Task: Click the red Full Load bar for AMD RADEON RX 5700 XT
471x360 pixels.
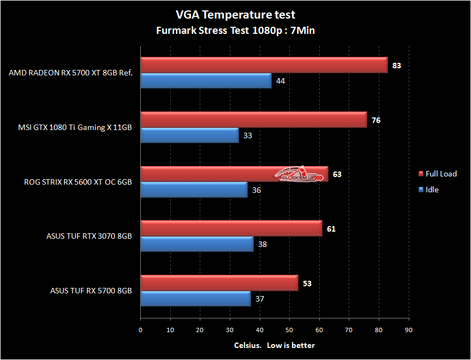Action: click(264, 65)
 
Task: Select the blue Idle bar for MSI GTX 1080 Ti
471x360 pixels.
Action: click(189, 135)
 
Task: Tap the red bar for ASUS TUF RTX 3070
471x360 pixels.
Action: click(231, 228)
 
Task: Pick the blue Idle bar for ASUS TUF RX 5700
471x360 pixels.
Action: click(195, 299)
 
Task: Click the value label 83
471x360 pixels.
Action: click(397, 66)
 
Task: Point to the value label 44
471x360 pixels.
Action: click(281, 81)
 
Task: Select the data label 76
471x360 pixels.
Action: click(376, 120)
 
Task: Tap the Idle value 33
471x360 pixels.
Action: click(248, 135)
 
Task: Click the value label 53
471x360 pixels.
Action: click(307, 284)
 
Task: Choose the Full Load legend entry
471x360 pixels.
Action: click(438, 174)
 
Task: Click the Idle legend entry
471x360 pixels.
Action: click(428, 190)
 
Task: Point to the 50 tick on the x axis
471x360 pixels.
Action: click(289, 330)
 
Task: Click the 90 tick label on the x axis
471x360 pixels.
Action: click(409, 330)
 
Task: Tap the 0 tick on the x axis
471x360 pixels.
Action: click(140, 330)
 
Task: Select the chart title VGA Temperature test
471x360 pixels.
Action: click(236, 14)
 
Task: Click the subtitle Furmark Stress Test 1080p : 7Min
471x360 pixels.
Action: click(236, 31)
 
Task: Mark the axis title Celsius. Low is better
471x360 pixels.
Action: click(274, 345)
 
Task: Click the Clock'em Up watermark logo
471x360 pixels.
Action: click(299, 174)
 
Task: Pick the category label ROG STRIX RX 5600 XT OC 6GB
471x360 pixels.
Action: click(78, 182)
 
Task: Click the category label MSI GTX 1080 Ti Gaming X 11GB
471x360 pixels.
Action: click(75, 127)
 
